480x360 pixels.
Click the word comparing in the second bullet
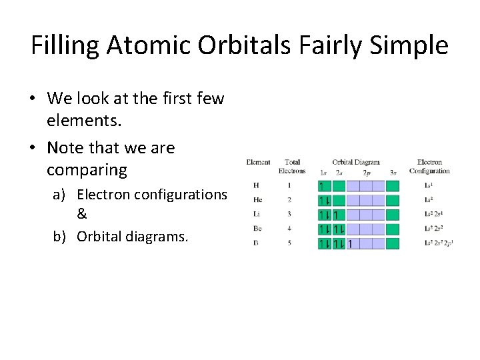tap(87, 170)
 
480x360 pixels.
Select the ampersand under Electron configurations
tap(82, 215)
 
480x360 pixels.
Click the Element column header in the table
tap(258, 162)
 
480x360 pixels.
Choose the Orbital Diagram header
tap(356, 162)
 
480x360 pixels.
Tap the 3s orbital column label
tap(393, 172)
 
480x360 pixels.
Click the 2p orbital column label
tap(366, 172)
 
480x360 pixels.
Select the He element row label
tap(257, 200)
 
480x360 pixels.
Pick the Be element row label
tap(257, 229)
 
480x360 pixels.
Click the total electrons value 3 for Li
tap(289, 215)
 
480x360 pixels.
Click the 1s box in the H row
tap(324, 185)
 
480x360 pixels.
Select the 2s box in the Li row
tap(339, 215)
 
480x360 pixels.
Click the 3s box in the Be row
tap(393, 229)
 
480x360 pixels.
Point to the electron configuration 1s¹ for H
tap(430, 185)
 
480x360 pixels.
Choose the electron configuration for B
tap(439, 244)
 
